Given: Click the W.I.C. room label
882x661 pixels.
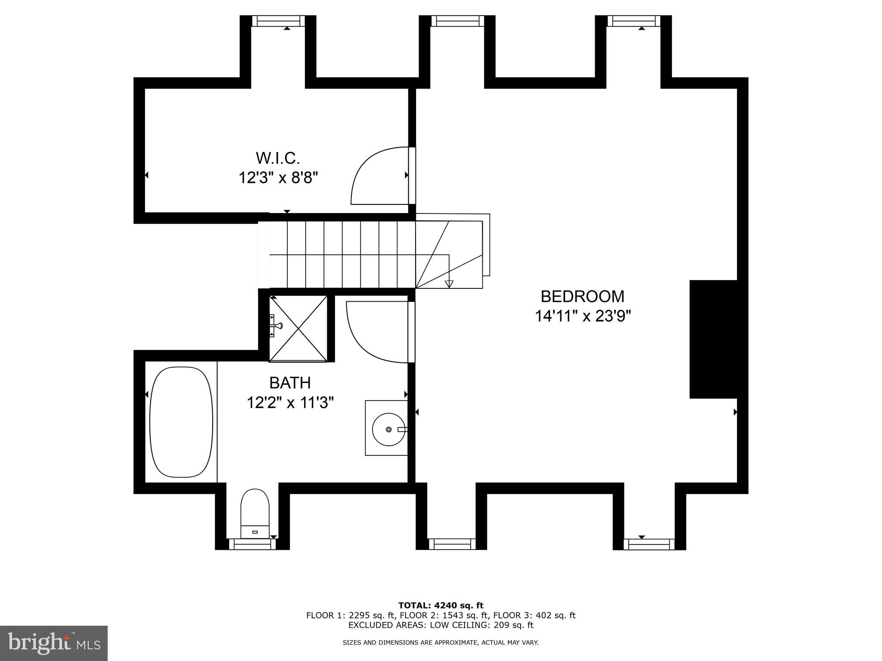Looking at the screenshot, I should [278, 158].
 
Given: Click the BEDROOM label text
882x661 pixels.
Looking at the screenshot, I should [582, 297].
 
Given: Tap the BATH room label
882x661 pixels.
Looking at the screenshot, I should [290, 383].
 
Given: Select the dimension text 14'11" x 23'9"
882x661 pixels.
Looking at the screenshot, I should [583, 316].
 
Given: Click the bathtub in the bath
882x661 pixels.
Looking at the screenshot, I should [181, 422].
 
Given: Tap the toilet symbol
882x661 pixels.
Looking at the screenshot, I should [255, 512].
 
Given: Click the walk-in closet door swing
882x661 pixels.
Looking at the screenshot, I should [379, 176].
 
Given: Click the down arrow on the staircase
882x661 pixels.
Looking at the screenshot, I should [449, 284].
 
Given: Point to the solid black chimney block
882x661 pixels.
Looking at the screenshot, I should [713, 339].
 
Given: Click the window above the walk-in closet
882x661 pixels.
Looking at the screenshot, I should [278, 21].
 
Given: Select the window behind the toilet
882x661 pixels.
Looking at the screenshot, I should [252, 544].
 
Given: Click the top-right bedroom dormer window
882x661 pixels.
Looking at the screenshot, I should [634, 21].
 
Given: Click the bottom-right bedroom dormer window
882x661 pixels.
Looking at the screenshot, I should [649, 544].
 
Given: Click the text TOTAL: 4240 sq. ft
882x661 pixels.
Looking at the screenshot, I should [441, 605].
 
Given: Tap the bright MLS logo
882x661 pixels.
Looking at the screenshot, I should [54, 643].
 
